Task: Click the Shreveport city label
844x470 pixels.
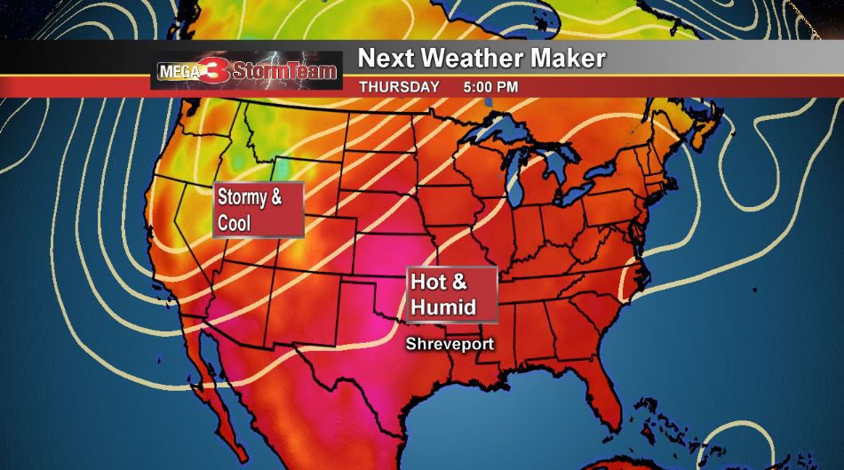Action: pos(450,343)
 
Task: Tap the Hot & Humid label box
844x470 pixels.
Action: pos(451,294)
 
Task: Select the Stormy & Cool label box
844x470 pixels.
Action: pos(259,210)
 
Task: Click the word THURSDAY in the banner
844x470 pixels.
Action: pos(398,87)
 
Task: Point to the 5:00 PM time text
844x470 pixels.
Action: pos(490,87)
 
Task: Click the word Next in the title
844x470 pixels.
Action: pos(384,59)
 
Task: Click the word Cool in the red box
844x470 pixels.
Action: pos(235,222)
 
